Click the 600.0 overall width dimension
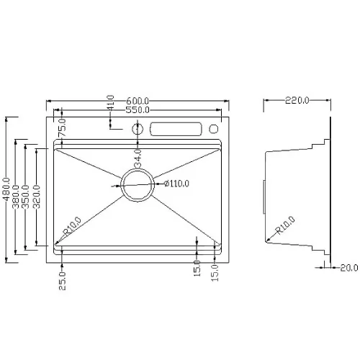point(138,100)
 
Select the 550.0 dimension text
point(138,110)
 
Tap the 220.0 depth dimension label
point(297,100)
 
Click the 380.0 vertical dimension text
point(16,197)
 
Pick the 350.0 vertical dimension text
point(25,197)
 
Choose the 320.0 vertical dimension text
point(37,197)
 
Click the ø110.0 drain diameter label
point(177,184)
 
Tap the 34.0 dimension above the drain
point(138,158)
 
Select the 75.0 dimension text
point(62,127)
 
